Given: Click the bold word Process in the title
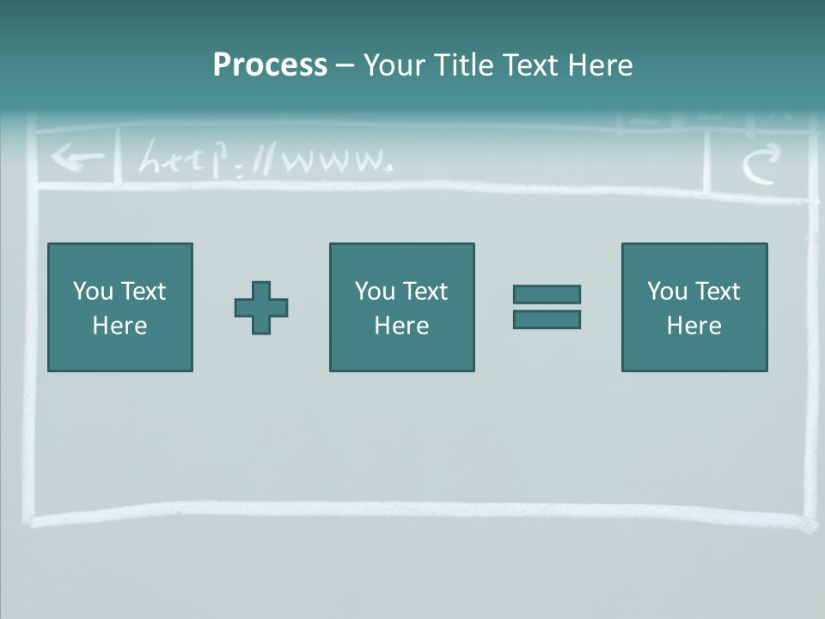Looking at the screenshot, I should coord(270,65).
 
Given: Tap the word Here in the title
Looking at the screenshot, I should coord(600,65).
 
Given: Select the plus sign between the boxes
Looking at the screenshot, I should coord(261,307).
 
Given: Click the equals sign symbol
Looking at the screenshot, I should coord(547,307).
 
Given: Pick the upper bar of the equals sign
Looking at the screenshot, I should coord(547,294).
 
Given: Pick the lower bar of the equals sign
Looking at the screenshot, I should coord(547,319).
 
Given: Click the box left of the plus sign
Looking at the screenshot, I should coord(120,307).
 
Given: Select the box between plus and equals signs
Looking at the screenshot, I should coord(401,307).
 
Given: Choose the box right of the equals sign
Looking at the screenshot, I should coord(694,307).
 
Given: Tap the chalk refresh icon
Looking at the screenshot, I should coord(761,163).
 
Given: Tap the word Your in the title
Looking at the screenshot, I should coord(393,65).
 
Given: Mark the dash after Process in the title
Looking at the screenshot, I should coord(345,66).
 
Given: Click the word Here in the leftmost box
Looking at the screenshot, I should coord(120,326).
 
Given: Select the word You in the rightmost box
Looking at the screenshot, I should coord(667,291).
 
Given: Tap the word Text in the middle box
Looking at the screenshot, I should coord(425,291).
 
